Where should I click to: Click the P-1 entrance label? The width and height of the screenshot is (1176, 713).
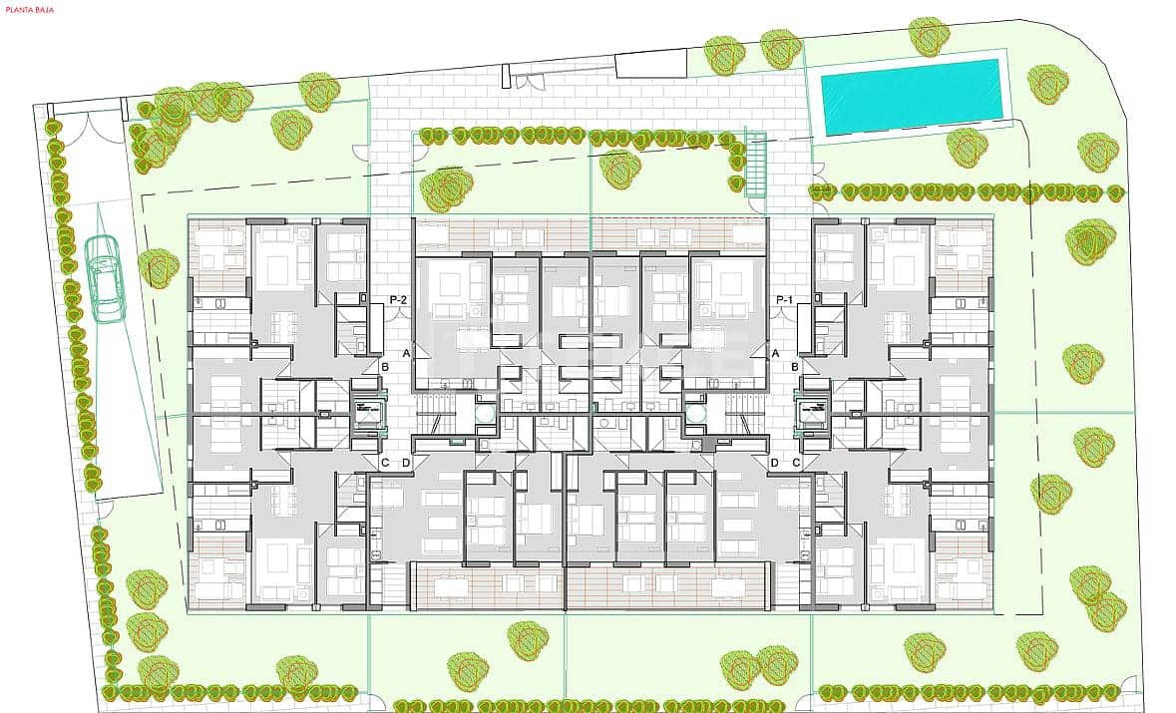pyautogui.click(x=784, y=299)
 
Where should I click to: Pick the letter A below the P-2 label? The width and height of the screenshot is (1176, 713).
pyautogui.click(x=406, y=353)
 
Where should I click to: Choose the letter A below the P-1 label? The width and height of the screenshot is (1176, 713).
pyautogui.click(x=775, y=353)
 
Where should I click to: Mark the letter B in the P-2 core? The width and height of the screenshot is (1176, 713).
pyautogui.click(x=385, y=367)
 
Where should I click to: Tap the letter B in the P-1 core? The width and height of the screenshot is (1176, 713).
pyautogui.click(x=795, y=367)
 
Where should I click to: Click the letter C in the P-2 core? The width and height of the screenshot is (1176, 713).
pyautogui.click(x=385, y=462)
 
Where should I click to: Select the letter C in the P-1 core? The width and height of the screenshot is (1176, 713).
pyautogui.click(x=796, y=462)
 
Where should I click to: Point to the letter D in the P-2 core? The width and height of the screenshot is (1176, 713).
pyautogui.click(x=406, y=462)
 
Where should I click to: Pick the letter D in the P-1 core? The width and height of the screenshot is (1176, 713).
pyautogui.click(x=775, y=462)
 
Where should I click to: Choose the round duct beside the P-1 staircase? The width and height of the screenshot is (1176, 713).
pyautogui.click(x=696, y=410)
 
